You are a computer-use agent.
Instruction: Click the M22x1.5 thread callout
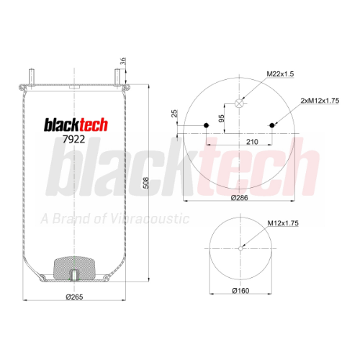tap(280, 74)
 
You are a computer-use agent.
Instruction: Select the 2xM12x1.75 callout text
tap(320, 101)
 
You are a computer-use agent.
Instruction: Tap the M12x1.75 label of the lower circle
tap(283, 223)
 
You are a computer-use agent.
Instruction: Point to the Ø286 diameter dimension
tap(239, 198)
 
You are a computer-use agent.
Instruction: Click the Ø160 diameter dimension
tap(240, 291)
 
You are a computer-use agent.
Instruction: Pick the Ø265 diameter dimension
tap(74, 297)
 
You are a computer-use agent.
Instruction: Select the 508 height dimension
tap(145, 183)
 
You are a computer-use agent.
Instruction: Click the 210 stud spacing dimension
tap(252, 142)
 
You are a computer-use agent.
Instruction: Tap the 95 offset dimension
tap(222, 118)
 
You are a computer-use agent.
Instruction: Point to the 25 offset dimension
tap(174, 113)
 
